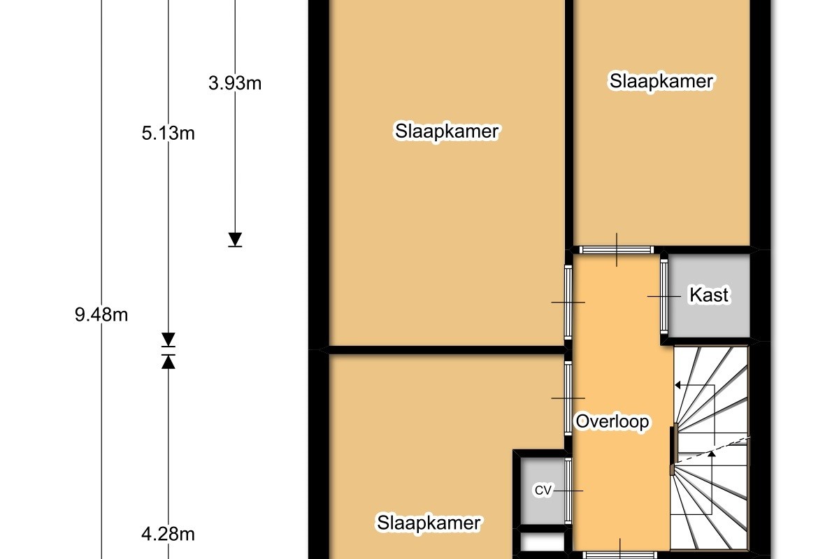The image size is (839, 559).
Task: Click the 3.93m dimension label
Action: (x=235, y=82)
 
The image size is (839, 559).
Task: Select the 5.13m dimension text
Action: (x=168, y=133)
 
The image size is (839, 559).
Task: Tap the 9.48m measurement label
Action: (x=101, y=314)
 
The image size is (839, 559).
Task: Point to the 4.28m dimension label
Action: (x=168, y=534)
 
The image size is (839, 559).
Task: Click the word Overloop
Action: (x=612, y=421)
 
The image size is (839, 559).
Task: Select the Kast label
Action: (x=709, y=295)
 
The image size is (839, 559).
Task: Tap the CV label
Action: (x=543, y=490)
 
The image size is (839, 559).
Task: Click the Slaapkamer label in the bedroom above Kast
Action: (x=661, y=81)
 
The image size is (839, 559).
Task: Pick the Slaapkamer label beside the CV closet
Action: (x=429, y=523)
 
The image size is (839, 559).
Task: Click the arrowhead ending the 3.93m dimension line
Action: (x=235, y=239)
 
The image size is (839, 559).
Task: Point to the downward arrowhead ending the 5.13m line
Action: (x=168, y=339)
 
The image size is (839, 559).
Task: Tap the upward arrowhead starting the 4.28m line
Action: (x=168, y=362)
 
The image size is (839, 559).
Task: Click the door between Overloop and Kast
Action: (x=664, y=296)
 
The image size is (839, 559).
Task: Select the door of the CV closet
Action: (x=568, y=491)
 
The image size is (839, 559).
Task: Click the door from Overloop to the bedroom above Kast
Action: (x=617, y=249)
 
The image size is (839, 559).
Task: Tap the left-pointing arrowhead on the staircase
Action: (x=677, y=385)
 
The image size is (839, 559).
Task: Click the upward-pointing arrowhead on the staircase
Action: (x=712, y=454)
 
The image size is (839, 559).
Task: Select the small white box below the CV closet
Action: (x=543, y=542)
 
